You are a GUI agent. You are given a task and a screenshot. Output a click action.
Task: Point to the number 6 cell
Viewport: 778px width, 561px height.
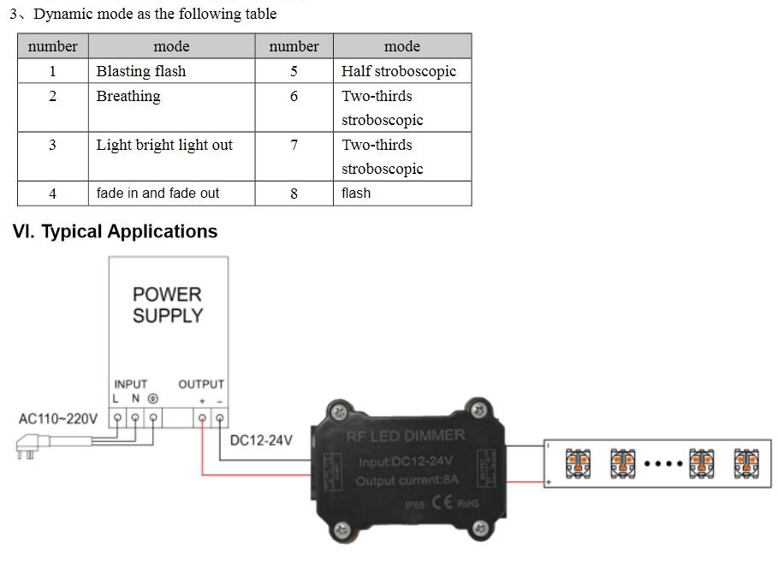click(294, 96)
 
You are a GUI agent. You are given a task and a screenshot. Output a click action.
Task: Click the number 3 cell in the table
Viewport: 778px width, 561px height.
click(52, 145)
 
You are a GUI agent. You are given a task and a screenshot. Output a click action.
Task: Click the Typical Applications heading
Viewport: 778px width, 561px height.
click(115, 231)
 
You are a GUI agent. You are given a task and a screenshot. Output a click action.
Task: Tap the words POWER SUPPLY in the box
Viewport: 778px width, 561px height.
click(168, 305)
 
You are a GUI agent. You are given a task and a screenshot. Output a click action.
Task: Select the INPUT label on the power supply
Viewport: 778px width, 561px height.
click(130, 385)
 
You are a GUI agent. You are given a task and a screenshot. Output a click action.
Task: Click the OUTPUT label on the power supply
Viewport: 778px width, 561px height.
click(201, 385)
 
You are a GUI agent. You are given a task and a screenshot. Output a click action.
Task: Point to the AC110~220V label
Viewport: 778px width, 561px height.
click(58, 419)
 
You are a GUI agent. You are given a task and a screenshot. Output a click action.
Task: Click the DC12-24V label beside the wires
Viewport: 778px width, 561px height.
click(261, 440)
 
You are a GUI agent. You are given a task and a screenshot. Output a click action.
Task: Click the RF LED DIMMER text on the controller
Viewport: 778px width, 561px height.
click(406, 436)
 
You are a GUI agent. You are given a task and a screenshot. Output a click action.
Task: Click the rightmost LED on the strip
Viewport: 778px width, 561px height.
click(743, 463)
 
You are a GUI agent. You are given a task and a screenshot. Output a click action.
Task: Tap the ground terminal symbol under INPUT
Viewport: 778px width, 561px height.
click(153, 398)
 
